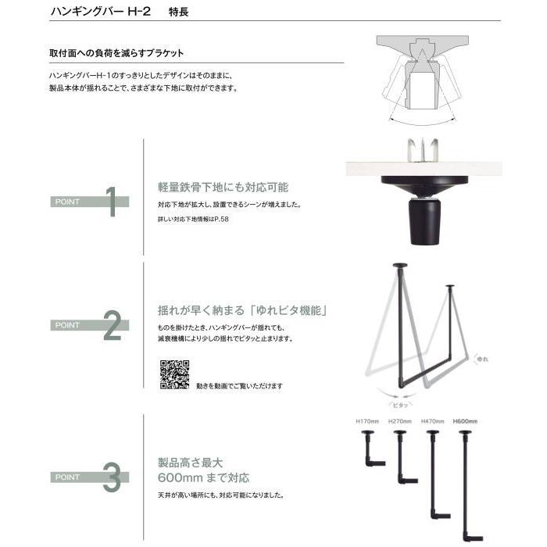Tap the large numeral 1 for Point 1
(111, 202)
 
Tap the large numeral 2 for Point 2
(112, 327)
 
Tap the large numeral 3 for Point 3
(112, 478)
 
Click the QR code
(175, 374)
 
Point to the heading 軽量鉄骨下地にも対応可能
(223, 188)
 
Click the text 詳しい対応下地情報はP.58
(192, 220)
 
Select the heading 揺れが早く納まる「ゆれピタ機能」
(242, 311)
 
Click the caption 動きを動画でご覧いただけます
(240, 386)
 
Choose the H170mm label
(367, 421)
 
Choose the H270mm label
(399, 421)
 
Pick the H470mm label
(432, 421)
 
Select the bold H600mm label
(465, 421)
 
